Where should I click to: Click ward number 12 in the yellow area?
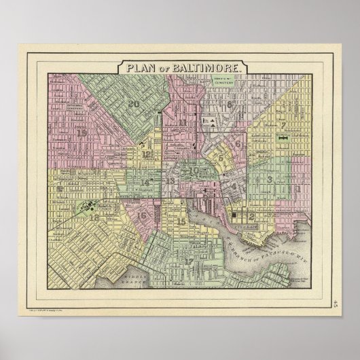tap(147, 154)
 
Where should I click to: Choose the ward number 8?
tap(229, 105)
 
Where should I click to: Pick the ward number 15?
tap(181, 221)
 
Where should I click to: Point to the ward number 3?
tap(270, 179)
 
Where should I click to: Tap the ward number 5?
tap(221, 158)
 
